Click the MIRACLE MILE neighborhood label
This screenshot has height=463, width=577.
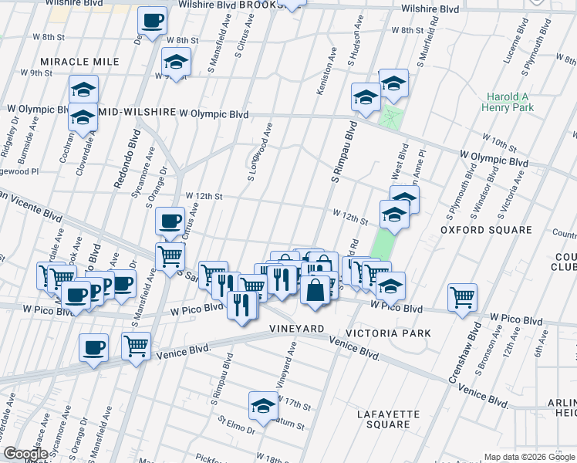coord(80,62)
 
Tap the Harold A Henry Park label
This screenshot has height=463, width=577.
coord(510,103)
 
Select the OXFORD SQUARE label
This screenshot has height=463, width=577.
coord(486,230)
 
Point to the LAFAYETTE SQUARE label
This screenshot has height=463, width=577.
coord(388,420)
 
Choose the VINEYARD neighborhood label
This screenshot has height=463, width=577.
coord(296,329)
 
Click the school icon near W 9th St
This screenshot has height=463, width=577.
coord(177,63)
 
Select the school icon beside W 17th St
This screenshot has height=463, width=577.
coord(263,406)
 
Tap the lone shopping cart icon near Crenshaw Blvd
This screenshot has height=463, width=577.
coord(462,297)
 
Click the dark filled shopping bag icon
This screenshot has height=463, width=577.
coord(315,292)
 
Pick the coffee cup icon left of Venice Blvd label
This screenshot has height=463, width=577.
coord(94,347)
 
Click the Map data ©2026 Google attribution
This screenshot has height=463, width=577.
coord(528,457)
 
